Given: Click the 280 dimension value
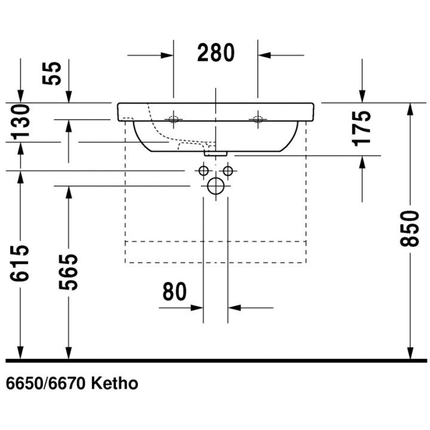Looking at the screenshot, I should pos(216,53).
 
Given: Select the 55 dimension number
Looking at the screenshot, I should pos(54,74).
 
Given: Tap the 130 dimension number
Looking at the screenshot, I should pos(20,121).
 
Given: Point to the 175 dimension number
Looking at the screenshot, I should pos(363,127).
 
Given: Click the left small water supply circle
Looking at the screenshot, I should pos(204,172).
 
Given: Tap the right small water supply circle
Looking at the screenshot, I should pos(228,172).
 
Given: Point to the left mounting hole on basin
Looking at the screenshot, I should pos(174,119).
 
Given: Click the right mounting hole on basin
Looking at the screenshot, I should pos(258,119).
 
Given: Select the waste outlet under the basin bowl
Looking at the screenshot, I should pos(216,153).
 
